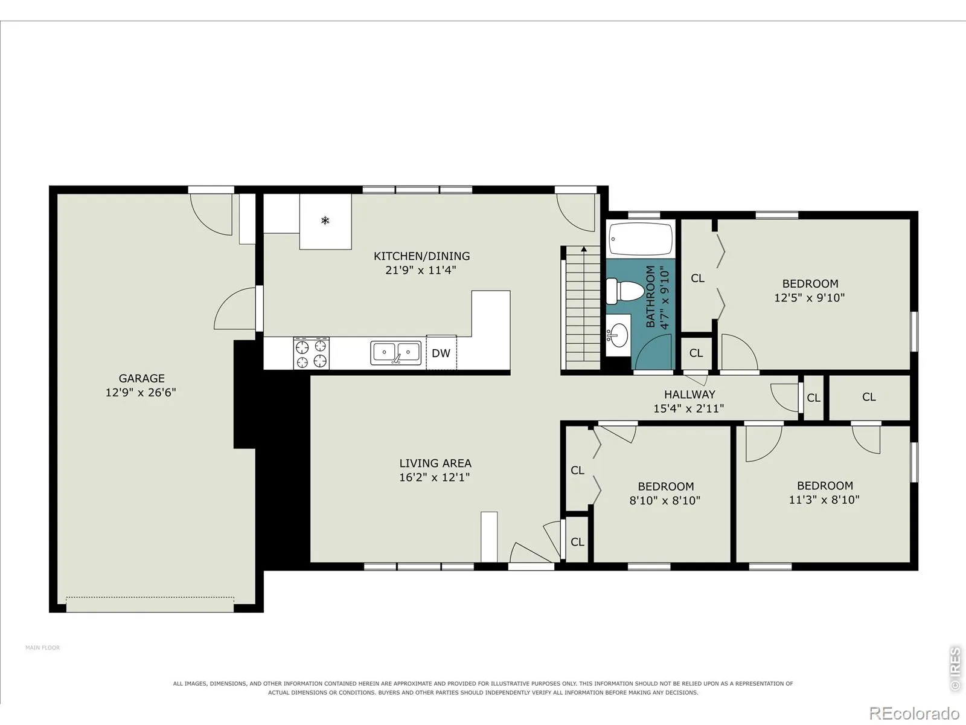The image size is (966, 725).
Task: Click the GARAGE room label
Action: pos(142,378)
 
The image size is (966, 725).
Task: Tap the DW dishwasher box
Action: pos(441,353)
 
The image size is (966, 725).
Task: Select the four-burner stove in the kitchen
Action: pos(311,353)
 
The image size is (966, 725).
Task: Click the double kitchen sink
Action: pos(395,353)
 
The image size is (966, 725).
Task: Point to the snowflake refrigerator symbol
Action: pos(325,220)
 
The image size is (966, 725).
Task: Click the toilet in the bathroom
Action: pos(625,291)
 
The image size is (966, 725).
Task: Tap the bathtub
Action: pos(641,239)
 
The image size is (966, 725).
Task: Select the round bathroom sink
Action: pos(618,335)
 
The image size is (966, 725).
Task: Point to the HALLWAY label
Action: pos(689,395)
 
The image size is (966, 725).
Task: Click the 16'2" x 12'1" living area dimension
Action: pos(434,477)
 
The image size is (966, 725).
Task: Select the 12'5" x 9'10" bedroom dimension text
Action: pos(810,298)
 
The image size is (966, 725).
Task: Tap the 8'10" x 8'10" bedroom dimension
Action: pos(665,500)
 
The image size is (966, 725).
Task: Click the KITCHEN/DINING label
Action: pos(421,256)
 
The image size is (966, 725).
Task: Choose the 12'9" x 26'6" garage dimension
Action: pos(141,392)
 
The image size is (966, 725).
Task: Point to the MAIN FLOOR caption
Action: pos(42,648)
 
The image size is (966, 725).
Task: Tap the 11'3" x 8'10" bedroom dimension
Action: pos(824,500)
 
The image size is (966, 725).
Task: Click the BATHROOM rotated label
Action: pos(650,296)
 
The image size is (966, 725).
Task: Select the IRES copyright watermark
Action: pos(955,669)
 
